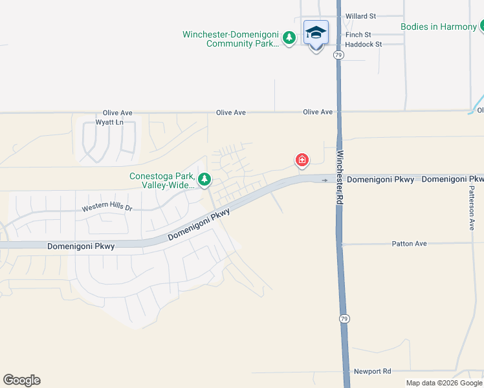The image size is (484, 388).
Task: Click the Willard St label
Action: [x=360, y=16]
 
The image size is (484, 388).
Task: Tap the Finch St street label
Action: [x=358, y=34]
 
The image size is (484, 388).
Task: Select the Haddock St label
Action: [x=364, y=44]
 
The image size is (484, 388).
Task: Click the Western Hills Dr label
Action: [x=107, y=208]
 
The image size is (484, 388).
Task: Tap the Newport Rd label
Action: [x=373, y=371]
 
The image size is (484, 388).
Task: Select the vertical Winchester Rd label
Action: [x=339, y=178]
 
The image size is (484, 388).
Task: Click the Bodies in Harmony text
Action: [x=438, y=27]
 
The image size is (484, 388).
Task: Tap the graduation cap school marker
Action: [x=316, y=33]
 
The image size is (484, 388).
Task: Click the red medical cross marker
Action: [x=302, y=160]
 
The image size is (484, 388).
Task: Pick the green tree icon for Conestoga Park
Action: [x=204, y=179]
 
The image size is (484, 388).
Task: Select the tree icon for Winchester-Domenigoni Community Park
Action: [x=290, y=38]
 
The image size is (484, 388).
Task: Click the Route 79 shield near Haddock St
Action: [x=338, y=56]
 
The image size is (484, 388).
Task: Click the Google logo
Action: [x=21, y=380]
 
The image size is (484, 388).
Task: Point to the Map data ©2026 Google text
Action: [x=444, y=383]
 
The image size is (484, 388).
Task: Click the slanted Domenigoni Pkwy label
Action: [x=199, y=225]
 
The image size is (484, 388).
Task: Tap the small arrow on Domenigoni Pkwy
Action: [x=325, y=180]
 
